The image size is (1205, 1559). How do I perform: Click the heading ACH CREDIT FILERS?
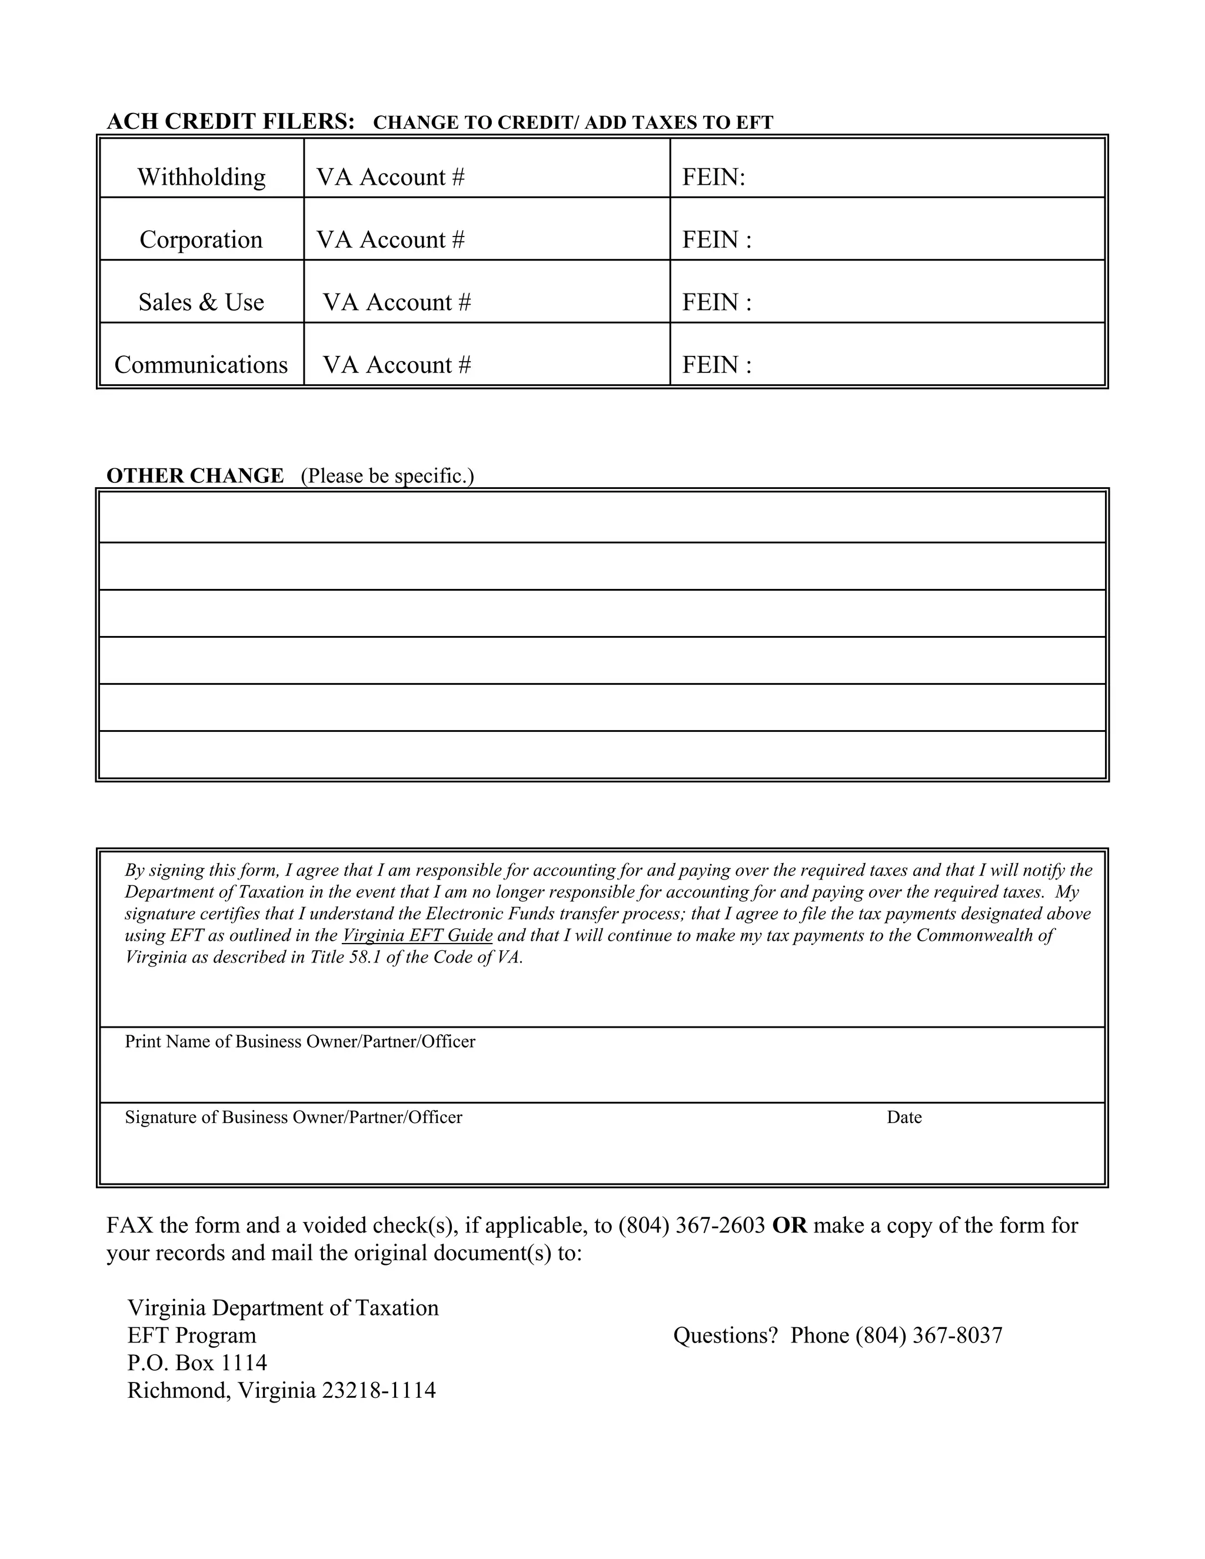point(230,121)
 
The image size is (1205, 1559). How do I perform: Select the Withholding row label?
point(201,176)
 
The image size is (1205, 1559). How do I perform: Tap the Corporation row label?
point(201,239)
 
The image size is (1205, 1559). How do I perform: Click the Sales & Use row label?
point(201,302)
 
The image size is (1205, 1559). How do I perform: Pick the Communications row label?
point(201,365)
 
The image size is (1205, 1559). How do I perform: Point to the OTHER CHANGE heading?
point(195,475)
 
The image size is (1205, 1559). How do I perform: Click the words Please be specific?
point(387,476)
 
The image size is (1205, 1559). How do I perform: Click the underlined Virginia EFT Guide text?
point(418,935)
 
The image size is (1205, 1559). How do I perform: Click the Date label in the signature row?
point(904,1117)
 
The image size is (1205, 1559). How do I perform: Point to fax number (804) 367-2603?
point(692,1225)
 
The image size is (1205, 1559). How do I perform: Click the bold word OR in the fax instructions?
point(790,1225)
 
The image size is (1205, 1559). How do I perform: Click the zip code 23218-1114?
point(378,1391)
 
